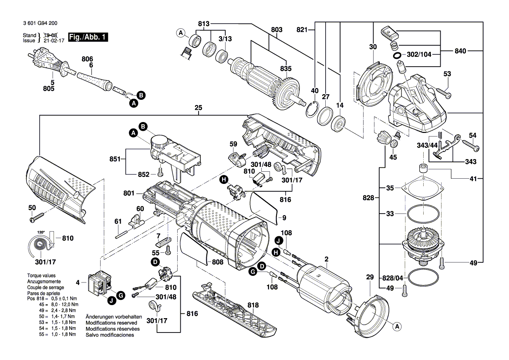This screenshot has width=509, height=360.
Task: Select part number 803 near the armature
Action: tap(276, 30)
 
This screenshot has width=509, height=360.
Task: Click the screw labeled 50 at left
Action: tap(39, 215)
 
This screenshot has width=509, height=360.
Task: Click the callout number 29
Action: tap(370, 277)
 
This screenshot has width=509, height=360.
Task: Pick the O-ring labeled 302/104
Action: tap(397, 56)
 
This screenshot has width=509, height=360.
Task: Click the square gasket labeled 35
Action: tap(422, 189)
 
